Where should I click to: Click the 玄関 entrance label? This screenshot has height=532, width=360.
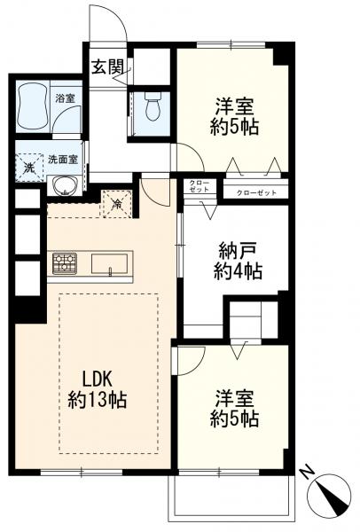click(106, 67)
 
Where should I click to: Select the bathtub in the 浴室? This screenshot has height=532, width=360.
click(33, 106)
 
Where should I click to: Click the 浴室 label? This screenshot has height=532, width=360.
click(65, 98)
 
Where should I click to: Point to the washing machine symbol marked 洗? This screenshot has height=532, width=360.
click(30, 168)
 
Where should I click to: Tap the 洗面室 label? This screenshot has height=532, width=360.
click(63, 159)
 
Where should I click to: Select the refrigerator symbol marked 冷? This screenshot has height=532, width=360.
click(117, 203)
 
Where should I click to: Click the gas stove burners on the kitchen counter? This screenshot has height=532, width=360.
click(65, 263)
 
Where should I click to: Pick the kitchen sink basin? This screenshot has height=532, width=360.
click(109, 263)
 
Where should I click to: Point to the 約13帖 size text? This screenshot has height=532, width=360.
click(97, 400)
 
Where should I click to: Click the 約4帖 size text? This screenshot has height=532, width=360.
click(238, 271)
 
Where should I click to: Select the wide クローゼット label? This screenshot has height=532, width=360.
click(256, 193)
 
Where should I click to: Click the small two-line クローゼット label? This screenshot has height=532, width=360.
click(200, 186)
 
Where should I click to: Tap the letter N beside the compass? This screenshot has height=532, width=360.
click(306, 473)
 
